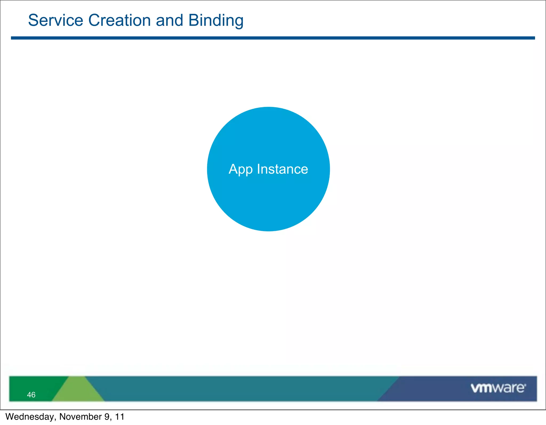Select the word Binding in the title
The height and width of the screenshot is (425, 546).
coord(216,21)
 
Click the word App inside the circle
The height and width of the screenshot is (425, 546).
coord(240,170)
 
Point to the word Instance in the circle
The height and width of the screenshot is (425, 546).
coord(282,169)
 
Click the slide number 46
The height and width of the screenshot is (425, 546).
coord(31,395)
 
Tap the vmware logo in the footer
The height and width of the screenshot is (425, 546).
coord(498,388)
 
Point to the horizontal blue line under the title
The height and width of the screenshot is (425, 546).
coord(273,38)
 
